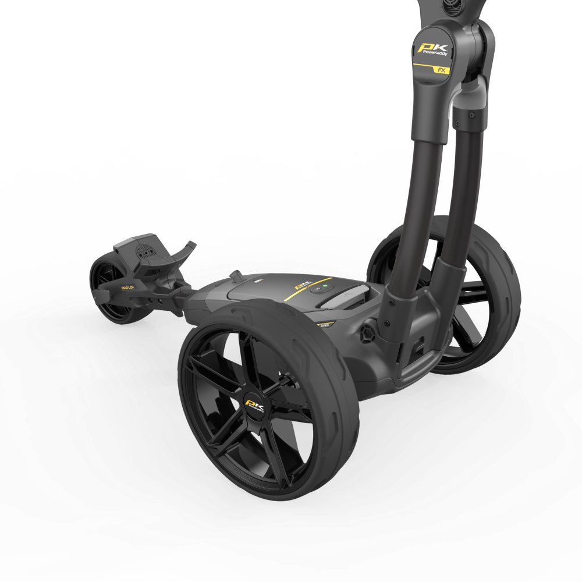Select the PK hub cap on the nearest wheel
[255, 405]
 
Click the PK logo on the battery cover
[301, 286]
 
